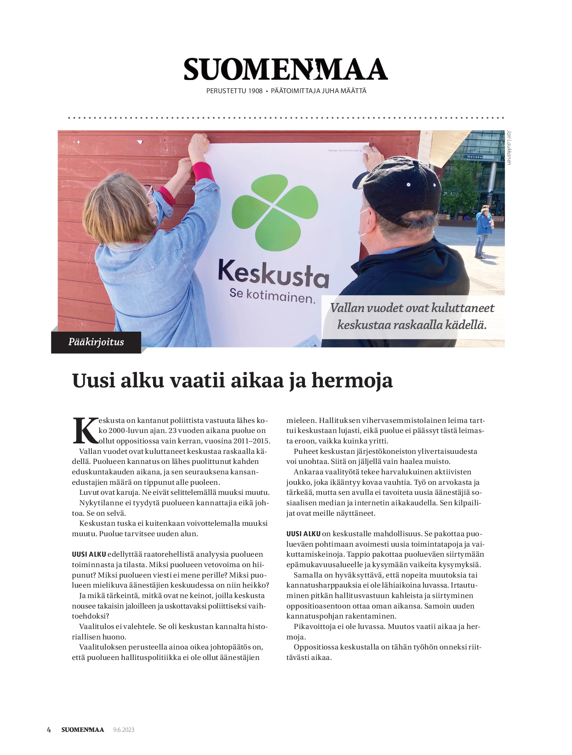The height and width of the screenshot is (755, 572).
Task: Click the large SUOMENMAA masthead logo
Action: pyautogui.click(x=286, y=70)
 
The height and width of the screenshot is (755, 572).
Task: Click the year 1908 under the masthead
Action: pyautogui.click(x=255, y=91)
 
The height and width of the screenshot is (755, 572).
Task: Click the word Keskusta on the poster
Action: pyautogui.click(x=273, y=274)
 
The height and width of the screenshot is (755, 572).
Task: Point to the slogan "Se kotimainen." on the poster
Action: pyautogui.click(x=272, y=296)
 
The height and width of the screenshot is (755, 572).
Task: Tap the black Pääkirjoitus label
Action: pyautogui.click(x=96, y=342)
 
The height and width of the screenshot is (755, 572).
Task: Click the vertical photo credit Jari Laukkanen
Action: pyautogui.click(x=509, y=148)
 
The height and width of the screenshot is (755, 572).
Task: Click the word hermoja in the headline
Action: pyautogui.click(x=352, y=380)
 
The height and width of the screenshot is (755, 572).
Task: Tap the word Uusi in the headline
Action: pyautogui.click(x=94, y=380)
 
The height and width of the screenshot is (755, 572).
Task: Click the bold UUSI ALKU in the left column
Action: pyautogui.click(x=89, y=554)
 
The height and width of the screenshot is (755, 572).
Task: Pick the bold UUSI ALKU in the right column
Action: pyautogui.click(x=303, y=534)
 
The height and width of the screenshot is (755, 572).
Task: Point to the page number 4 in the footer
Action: pyautogui.click(x=49, y=730)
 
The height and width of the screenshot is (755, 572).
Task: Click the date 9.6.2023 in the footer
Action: pyautogui.click(x=124, y=730)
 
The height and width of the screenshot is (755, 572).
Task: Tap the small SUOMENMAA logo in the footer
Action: pyautogui.click(x=83, y=730)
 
